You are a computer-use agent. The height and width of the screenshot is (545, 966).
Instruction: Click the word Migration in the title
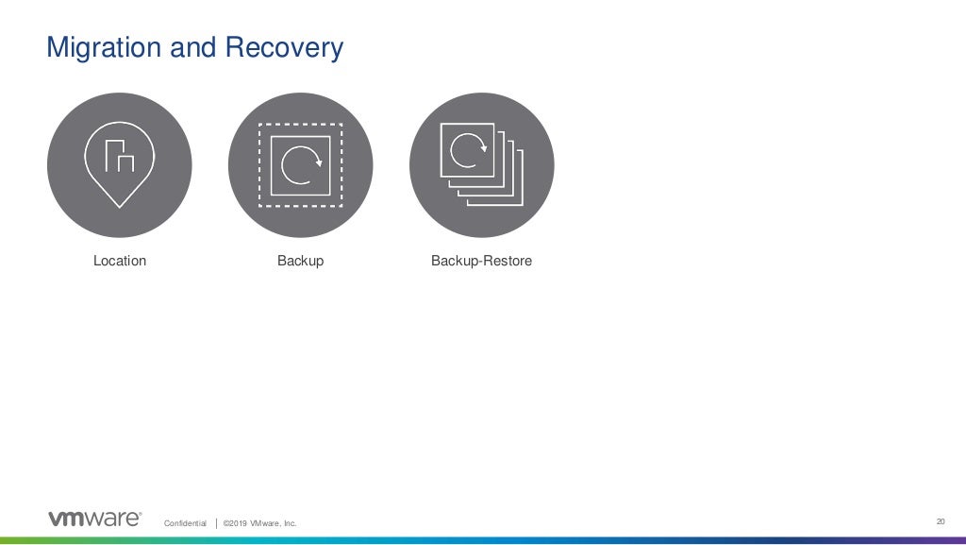point(105,47)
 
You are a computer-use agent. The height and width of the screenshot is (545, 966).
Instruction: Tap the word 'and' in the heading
point(194,47)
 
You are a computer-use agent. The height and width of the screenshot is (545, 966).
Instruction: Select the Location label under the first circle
point(120,261)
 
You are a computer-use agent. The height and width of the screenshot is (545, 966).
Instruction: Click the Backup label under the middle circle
point(300,261)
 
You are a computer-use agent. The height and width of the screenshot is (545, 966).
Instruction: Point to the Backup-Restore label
point(481,261)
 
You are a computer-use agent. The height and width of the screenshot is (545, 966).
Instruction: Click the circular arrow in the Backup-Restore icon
point(467,148)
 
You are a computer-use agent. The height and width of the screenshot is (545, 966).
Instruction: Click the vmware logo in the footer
point(94,519)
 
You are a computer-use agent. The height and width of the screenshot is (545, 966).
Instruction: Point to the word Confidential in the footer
point(185,523)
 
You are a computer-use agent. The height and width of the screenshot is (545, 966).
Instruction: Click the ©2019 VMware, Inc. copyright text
point(259,523)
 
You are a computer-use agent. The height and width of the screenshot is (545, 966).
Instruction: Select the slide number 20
point(940,520)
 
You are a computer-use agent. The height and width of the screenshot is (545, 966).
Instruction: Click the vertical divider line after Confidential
point(216,522)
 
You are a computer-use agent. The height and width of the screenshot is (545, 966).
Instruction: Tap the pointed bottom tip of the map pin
point(119,204)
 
